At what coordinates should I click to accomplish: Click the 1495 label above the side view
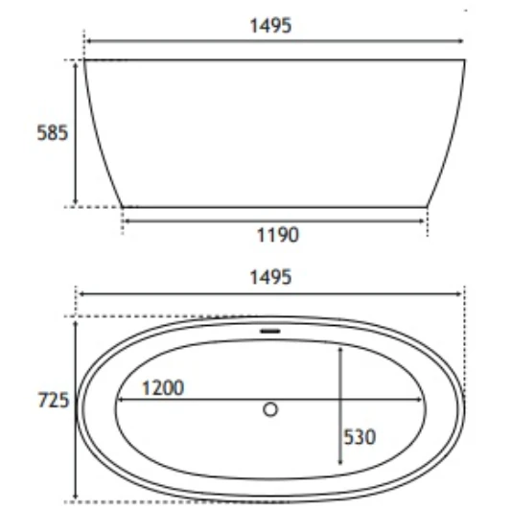[270, 26]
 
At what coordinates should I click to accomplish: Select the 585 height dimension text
[52, 133]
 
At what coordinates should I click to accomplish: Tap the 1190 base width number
[278, 235]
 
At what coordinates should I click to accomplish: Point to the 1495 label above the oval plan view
[270, 277]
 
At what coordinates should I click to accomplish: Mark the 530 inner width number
[360, 437]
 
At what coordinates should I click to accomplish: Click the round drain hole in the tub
[270, 409]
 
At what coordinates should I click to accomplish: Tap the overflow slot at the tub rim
[270, 332]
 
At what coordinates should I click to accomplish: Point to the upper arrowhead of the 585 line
[75, 64]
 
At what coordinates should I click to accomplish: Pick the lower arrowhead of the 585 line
[75, 202]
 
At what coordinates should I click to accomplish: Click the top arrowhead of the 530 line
[341, 349]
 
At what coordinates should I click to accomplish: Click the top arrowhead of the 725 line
[75, 324]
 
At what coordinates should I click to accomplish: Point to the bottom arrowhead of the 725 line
[75, 498]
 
